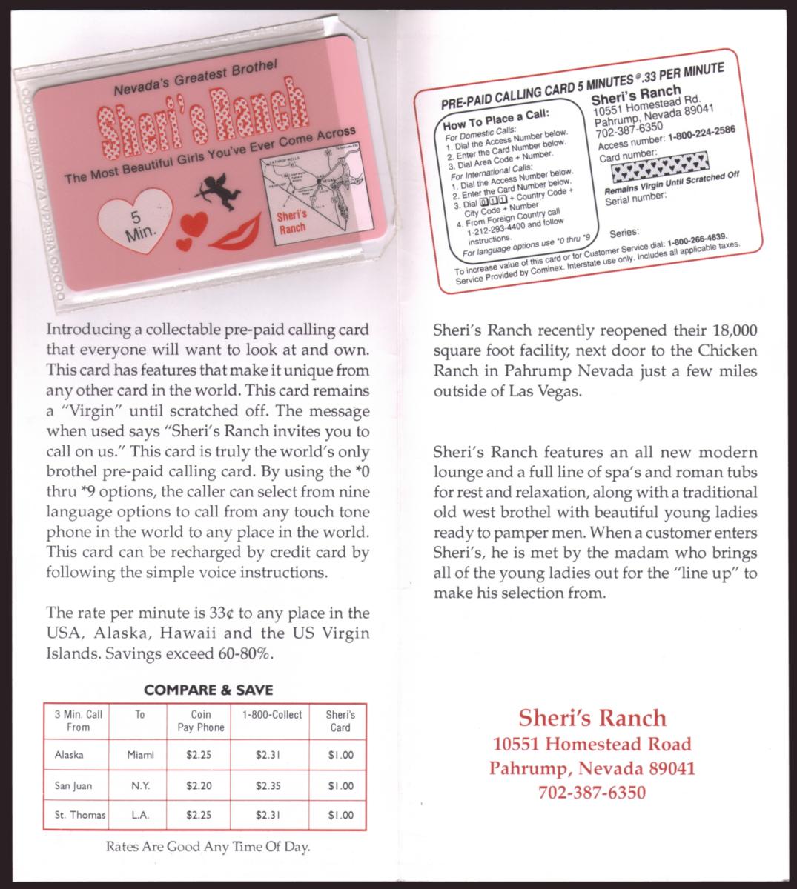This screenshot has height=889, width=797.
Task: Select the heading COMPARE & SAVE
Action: pyautogui.click(x=208, y=690)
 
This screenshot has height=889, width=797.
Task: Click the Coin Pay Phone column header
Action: pyautogui.click(x=200, y=721)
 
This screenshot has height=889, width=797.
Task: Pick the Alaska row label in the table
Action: pyautogui.click(x=69, y=755)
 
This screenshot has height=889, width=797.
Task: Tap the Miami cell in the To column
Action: pyautogui.click(x=140, y=755)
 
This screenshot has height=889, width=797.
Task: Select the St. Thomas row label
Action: pyautogui.click(x=80, y=815)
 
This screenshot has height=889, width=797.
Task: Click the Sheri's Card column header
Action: pyautogui.click(x=340, y=721)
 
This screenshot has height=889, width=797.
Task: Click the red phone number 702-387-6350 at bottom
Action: pyautogui.click(x=592, y=793)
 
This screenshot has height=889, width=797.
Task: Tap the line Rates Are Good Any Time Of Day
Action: pyautogui.click(x=208, y=847)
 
